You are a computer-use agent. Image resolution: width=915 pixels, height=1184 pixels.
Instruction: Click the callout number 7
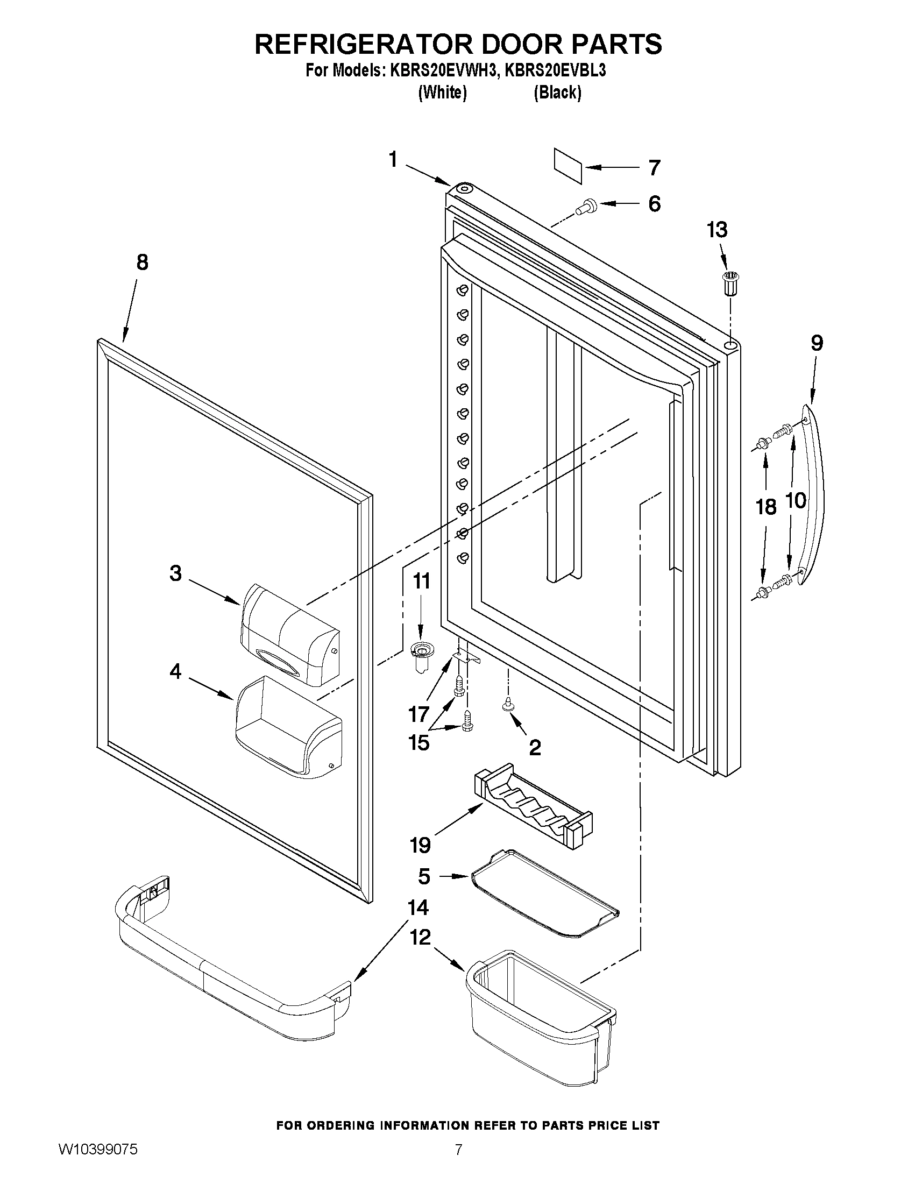pos(655,167)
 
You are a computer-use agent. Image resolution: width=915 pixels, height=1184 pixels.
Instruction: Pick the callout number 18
pos(766,507)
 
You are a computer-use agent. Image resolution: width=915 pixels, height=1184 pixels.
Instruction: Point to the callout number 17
pos(419,714)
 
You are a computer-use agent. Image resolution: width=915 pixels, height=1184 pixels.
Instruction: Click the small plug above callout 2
pos(508,704)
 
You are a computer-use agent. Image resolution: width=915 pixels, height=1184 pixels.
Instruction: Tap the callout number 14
pos(418,908)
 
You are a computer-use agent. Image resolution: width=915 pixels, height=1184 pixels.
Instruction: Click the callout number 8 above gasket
pos(141,263)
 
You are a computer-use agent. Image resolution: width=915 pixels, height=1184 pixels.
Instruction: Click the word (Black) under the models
pos(557,93)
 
